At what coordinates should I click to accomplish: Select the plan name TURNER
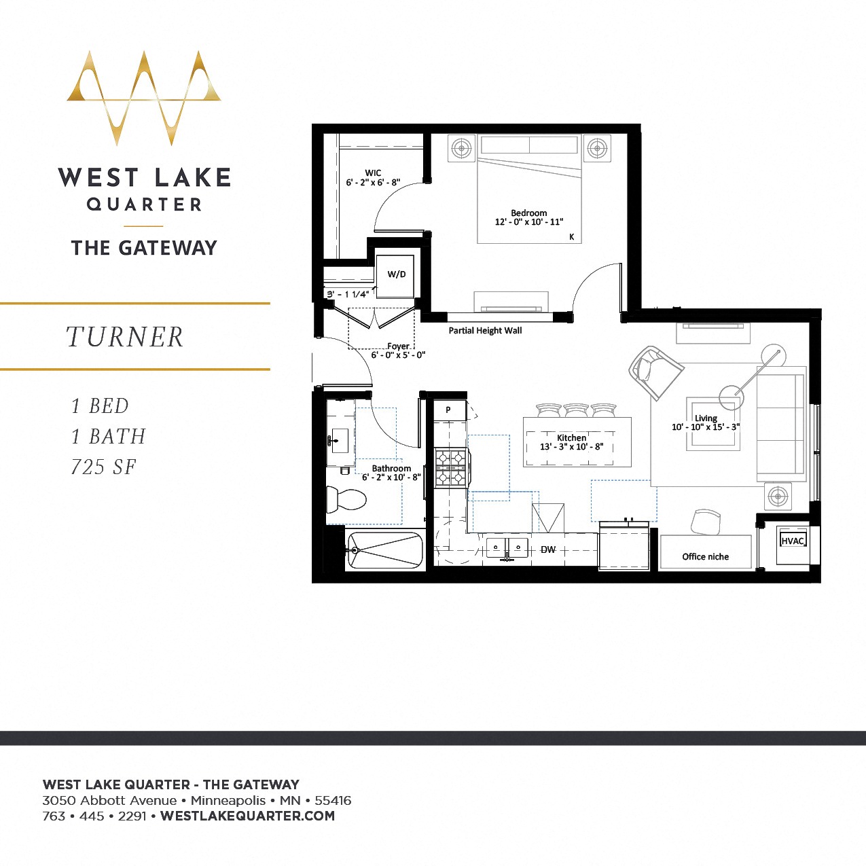click(x=125, y=337)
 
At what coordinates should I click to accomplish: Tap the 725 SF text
click(x=104, y=467)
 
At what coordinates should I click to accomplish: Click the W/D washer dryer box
click(x=397, y=275)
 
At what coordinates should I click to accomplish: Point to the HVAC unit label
click(x=793, y=541)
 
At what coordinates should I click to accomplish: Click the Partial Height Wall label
click(x=485, y=331)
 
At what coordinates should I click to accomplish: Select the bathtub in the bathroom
click(x=385, y=550)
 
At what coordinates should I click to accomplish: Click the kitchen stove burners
click(x=452, y=467)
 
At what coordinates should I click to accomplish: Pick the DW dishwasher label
click(x=548, y=549)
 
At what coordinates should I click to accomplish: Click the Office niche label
click(x=705, y=557)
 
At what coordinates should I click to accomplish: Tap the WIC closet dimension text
click(x=373, y=183)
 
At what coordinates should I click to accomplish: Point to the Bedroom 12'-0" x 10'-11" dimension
click(x=528, y=222)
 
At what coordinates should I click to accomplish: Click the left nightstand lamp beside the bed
click(x=462, y=147)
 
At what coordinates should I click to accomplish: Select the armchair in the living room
click(x=655, y=372)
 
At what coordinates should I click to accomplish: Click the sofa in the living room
click(x=781, y=425)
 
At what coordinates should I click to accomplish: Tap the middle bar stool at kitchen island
click(x=576, y=410)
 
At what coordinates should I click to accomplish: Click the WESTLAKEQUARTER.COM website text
click(x=247, y=816)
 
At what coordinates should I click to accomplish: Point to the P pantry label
click(x=448, y=410)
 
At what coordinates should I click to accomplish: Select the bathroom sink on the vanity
click(x=339, y=441)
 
